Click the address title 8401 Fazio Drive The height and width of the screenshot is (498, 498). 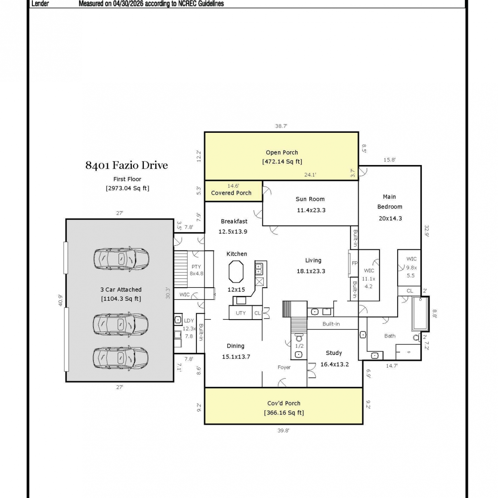pos(126,165)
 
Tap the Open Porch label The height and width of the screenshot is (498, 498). pos(282,152)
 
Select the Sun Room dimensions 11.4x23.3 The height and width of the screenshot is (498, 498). pos(311,210)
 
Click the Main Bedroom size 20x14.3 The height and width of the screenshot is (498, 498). pos(390,218)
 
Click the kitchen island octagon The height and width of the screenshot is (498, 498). pos(236,272)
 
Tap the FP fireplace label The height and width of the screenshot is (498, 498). pos(355,263)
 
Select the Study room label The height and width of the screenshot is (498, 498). pos(334,353)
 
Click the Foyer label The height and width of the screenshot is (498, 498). pos(284,367)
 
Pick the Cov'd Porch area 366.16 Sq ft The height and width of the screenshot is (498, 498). pos(284,413)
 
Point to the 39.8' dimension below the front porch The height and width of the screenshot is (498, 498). pos(283,431)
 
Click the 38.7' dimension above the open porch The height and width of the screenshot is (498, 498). pos(281,126)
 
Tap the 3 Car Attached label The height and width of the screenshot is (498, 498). pos(121,290)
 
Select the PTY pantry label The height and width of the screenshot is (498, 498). pos(196,267)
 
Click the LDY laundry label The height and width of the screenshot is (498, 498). pos(189,321)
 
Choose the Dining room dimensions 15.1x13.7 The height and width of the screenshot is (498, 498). pos(236,357)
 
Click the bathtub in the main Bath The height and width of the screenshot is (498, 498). pos(420,314)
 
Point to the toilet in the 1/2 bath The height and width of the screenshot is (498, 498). pos(299,338)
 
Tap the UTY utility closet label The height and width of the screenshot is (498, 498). pos(241,313)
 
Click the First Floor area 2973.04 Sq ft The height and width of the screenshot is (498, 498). pos(127,188)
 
